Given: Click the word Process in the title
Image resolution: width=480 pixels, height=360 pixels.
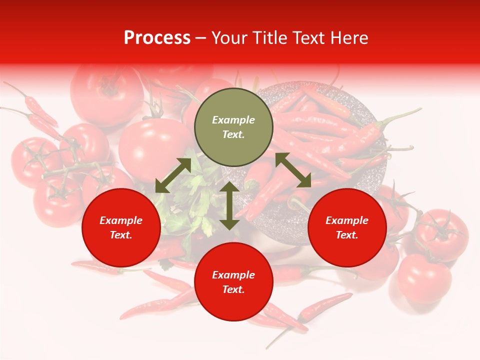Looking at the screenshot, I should [157, 38].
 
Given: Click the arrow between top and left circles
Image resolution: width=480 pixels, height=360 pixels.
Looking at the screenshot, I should [173, 175].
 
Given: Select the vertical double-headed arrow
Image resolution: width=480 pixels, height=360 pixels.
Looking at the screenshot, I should [229, 205].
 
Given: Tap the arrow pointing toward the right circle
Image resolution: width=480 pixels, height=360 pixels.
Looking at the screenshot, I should [293, 170].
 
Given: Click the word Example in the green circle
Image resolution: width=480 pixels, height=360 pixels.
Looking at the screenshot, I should [233, 120].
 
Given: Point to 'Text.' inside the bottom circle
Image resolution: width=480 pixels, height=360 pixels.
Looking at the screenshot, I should [233, 289].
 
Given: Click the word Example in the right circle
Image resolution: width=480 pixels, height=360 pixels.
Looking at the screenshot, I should [347, 220].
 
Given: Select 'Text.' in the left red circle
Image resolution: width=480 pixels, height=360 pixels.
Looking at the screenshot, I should [121, 235].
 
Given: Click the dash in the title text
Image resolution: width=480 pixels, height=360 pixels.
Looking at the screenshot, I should [201, 38].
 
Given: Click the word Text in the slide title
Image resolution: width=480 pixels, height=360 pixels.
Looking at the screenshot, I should [309, 38].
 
